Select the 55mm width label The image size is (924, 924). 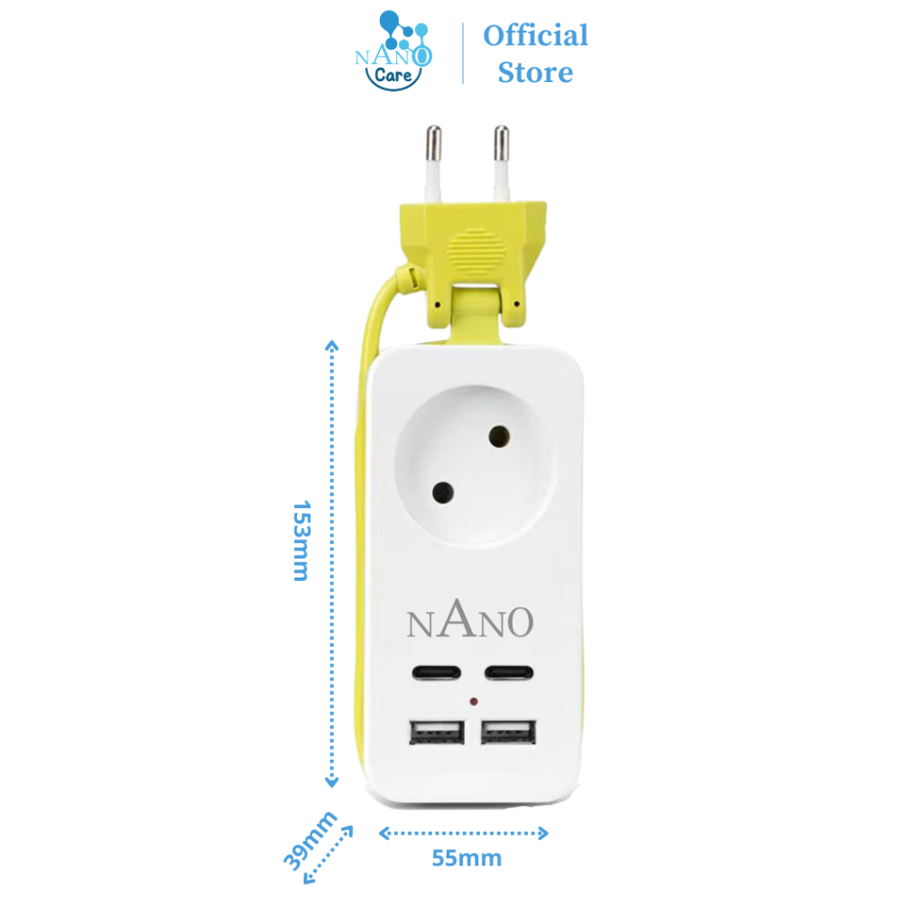point(466,858)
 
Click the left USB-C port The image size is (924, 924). point(437,672)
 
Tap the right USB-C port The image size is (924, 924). point(511,672)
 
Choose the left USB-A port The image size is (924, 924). point(437,731)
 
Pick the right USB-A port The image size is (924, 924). point(511,731)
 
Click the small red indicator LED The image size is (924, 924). point(474,701)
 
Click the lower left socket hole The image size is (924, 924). point(442,493)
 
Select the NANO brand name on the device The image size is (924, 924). point(470,622)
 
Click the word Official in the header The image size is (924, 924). point(535,36)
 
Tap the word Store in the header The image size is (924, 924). point(535,72)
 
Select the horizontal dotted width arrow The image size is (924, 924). point(463,833)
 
